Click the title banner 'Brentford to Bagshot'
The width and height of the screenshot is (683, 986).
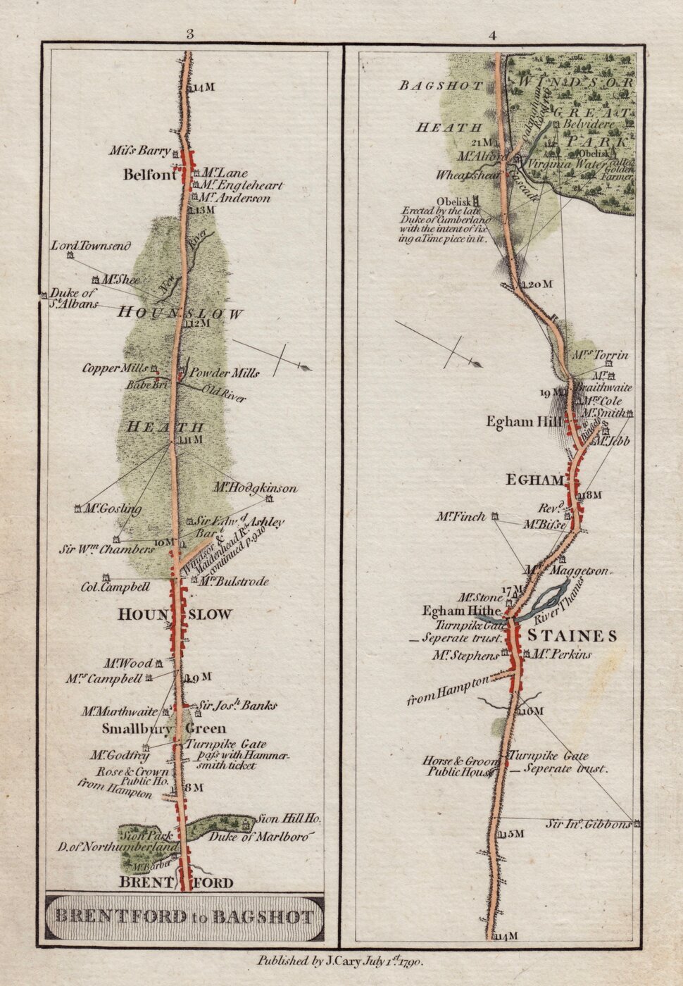pos(184,916)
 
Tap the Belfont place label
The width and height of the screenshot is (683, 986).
pos(149,176)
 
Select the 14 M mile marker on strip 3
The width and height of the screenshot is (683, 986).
pos(201,87)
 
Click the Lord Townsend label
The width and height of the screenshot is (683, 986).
pos(91,246)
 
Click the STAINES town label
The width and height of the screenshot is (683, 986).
pos(572,637)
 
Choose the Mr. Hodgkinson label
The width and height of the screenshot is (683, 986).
pos(256,488)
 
